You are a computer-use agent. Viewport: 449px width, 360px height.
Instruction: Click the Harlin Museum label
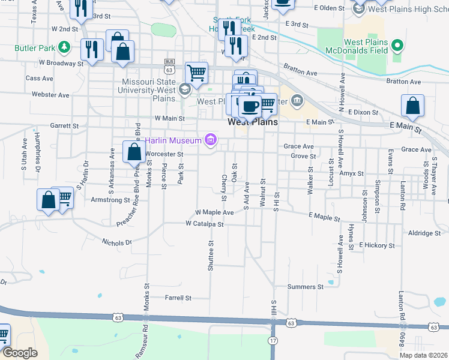[175, 141]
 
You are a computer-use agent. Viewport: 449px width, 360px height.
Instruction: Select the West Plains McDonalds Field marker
[397, 45]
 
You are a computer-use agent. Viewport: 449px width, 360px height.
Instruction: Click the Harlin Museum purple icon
[210, 140]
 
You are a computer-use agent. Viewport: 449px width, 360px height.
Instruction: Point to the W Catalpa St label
[204, 224]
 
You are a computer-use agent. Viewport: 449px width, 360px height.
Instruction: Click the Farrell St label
[178, 297]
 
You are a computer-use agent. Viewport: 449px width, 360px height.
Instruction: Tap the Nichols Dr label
[116, 242]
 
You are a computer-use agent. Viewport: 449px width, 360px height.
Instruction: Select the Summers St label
[305, 287]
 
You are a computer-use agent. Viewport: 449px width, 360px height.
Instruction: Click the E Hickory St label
[377, 245]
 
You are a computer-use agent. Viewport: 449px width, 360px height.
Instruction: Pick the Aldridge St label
[424, 233]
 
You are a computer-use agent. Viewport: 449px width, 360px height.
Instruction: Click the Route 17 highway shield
[273, 341]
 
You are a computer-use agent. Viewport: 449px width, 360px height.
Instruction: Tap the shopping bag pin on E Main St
[414, 106]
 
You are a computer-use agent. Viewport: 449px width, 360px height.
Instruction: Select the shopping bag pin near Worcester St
[133, 152]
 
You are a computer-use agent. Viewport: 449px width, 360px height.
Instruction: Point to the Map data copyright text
[423, 355]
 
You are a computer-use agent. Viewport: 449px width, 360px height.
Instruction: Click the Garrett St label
[64, 126]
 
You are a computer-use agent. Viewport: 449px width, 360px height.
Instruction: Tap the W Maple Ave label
[214, 212]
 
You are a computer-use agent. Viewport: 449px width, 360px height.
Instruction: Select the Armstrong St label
[110, 199]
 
